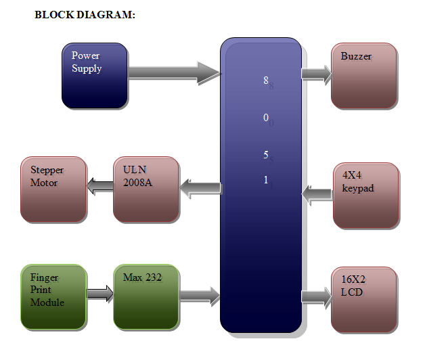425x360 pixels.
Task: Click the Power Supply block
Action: coord(95,76)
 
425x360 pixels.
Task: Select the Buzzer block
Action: coord(364,76)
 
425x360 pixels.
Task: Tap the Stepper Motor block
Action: coord(53,189)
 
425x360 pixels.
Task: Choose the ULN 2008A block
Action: coord(146,189)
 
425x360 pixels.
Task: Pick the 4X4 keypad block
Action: coord(366,196)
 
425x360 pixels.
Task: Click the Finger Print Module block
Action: coord(53,297)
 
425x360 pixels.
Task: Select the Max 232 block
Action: coord(146,297)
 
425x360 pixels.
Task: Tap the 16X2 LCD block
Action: coord(364,300)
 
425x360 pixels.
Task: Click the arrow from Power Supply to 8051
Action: coord(174,73)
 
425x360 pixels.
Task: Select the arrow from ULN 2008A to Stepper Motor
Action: coord(100,185)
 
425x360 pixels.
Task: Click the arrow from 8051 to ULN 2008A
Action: coord(200,188)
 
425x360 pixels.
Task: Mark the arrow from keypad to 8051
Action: coord(317,194)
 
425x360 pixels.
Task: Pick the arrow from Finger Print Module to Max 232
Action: coord(100,294)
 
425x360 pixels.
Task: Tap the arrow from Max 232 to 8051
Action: coord(200,296)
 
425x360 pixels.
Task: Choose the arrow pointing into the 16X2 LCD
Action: coord(317,297)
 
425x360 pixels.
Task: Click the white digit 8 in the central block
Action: coord(266,81)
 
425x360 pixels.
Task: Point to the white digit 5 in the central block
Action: coord(266,155)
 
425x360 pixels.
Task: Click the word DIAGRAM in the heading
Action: coord(106,15)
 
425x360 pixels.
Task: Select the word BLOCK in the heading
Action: coord(54,15)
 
